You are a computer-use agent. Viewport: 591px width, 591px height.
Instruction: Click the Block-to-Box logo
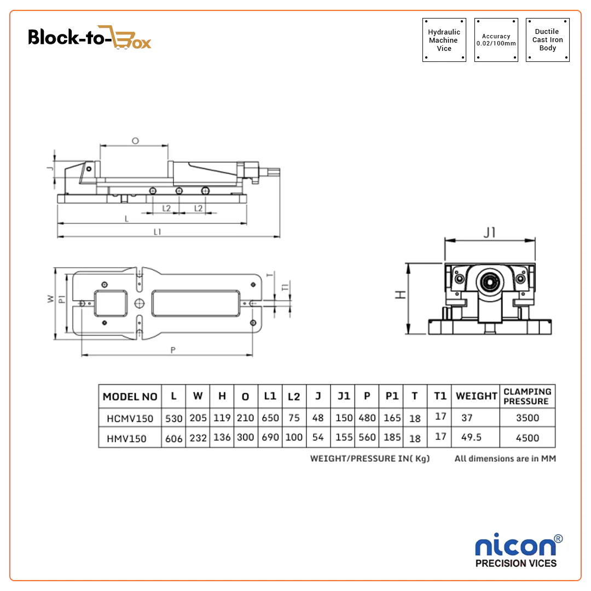coord(90,37)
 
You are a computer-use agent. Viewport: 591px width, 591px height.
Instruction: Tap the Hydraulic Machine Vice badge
coord(444,40)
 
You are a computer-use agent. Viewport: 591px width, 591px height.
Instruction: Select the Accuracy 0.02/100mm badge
coord(496,40)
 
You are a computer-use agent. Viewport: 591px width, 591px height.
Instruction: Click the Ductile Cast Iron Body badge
coord(547,40)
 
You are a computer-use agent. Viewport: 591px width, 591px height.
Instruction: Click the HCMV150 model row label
coord(130,418)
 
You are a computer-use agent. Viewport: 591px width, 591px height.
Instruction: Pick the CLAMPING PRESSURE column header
coord(527,396)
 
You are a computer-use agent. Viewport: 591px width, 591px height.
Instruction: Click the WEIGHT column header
coord(477,396)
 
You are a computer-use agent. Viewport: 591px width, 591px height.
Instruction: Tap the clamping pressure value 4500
coord(527,438)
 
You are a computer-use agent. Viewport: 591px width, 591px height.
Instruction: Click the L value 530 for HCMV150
coord(173,418)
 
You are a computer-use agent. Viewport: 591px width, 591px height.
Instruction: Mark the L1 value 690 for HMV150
coord(270,438)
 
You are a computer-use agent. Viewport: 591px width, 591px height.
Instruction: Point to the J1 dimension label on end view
coord(489,233)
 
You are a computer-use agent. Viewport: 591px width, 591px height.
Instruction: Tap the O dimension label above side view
coord(135,141)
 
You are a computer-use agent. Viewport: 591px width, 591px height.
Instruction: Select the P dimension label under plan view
coord(173,350)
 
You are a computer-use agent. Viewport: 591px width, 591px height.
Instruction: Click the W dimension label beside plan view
coord(50,299)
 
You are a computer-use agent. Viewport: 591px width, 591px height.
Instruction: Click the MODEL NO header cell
coord(130,397)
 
